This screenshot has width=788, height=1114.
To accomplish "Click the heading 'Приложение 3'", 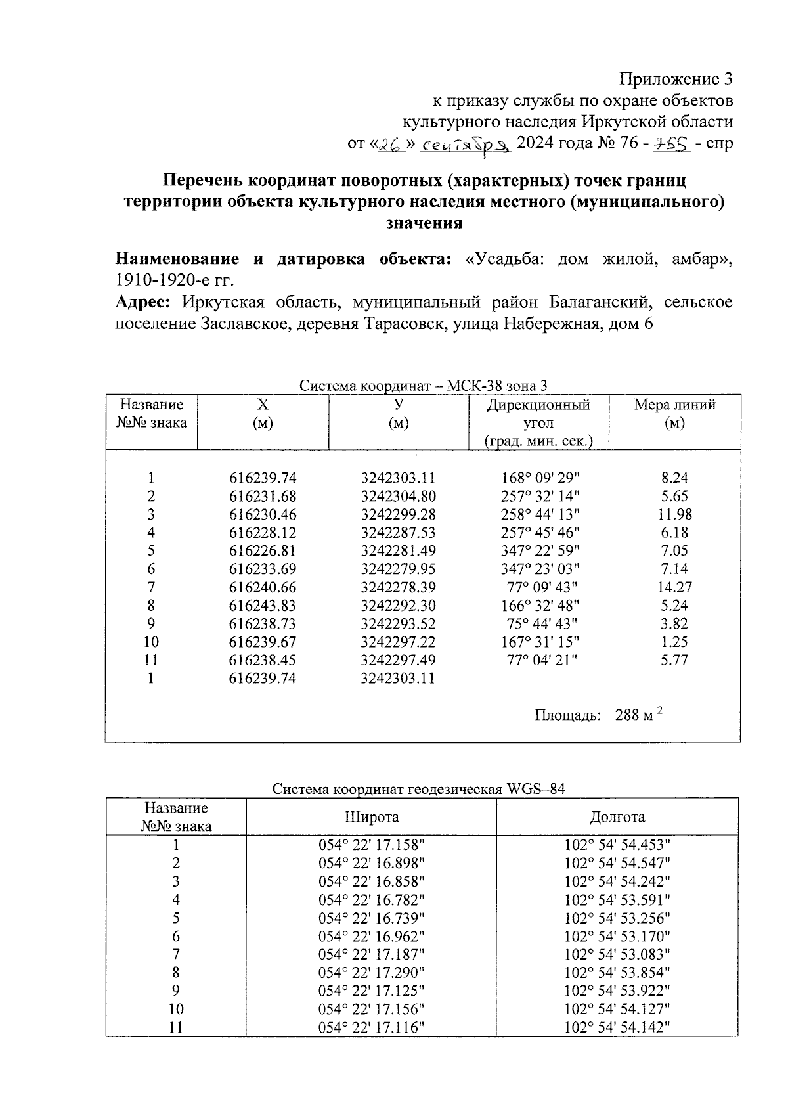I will [676, 79].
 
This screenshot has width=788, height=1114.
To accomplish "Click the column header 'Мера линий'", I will [674, 405].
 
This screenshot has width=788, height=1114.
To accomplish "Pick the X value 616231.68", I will [263, 497].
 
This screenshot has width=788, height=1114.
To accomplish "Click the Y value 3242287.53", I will [399, 533].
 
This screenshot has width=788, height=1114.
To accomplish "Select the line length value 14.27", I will [674, 587].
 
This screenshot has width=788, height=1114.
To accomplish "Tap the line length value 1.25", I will [674, 642].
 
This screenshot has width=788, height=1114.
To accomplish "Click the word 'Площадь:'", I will [568, 715].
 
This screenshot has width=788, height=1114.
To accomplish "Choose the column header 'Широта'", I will [372, 817].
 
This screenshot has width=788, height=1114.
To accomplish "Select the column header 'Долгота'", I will [617, 817].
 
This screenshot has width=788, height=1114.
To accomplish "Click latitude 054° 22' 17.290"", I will [372, 973].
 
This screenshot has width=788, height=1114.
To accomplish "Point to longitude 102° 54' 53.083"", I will [617, 954].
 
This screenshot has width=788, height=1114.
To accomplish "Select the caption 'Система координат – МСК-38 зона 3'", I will [424, 386].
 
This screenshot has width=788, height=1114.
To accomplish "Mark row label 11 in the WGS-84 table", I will [176, 1027].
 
